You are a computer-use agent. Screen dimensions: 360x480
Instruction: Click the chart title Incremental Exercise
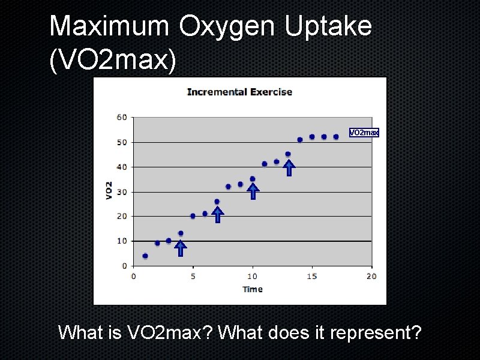(239, 92)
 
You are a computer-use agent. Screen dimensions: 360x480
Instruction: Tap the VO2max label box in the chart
(364, 132)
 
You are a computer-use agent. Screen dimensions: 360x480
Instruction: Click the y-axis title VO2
(109, 190)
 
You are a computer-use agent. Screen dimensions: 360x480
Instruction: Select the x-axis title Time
(253, 289)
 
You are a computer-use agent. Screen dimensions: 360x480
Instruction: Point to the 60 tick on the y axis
(122, 117)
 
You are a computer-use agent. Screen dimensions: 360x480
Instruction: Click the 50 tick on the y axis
(122, 142)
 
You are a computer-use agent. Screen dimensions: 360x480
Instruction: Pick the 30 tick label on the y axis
(122, 192)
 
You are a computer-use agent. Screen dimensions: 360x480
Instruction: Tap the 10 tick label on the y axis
(122, 241)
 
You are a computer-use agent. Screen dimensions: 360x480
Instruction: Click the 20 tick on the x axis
(371, 276)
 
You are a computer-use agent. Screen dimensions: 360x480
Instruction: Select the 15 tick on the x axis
(312, 276)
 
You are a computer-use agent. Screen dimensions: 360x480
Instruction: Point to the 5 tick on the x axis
(193, 276)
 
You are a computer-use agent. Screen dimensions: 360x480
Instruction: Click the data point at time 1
(145, 256)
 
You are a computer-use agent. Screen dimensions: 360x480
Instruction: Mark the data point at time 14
(300, 140)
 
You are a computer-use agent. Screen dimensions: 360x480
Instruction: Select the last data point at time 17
(336, 137)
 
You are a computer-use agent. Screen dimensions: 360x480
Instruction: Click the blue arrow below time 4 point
(181, 248)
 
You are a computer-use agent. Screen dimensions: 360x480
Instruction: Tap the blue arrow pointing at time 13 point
(289, 167)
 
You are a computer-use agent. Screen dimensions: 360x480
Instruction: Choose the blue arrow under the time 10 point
(253, 191)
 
